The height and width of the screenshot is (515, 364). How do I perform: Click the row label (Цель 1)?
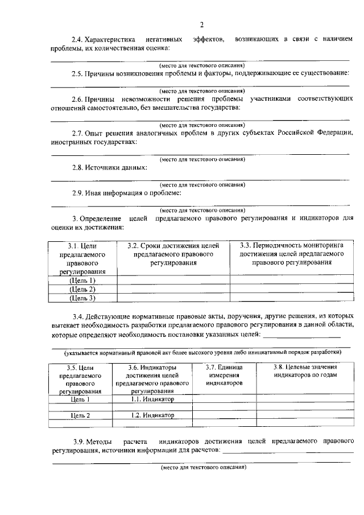coord(81,281)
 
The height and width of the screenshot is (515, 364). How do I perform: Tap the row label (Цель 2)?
coord(81,289)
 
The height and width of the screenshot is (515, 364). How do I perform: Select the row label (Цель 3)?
coord(81,298)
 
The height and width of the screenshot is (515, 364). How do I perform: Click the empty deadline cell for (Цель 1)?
coord(173,281)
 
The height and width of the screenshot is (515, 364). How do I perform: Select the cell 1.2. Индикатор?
coord(152,415)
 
